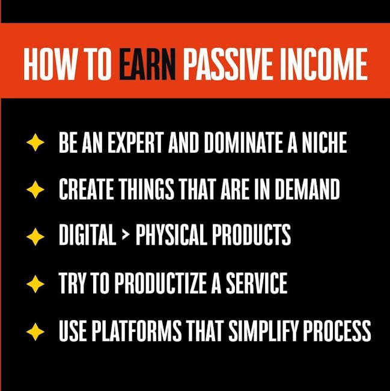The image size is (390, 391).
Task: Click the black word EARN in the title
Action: [x=147, y=64]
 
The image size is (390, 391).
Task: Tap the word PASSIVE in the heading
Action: [x=229, y=64]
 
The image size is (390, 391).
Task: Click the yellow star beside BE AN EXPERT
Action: [x=35, y=143]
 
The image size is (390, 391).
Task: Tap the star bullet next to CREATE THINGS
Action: [x=35, y=189]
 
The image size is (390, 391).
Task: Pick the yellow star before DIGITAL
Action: [x=35, y=236]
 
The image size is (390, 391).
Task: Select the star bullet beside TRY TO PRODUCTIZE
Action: [x=35, y=284]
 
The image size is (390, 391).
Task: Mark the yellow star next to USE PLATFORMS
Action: [x=35, y=331]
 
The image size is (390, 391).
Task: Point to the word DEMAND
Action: [x=308, y=189]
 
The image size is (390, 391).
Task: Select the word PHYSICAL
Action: [x=171, y=235]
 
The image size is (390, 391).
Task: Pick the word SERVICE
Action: [x=257, y=283]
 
